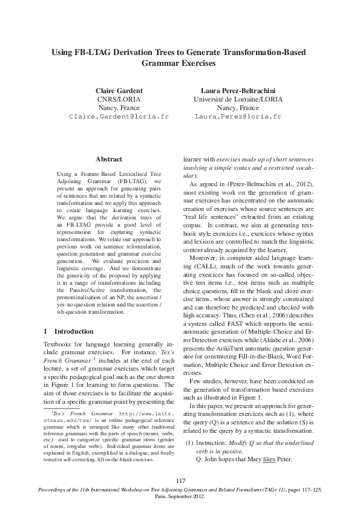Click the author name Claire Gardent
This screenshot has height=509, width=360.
(119, 89)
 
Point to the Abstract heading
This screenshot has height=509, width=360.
(109, 159)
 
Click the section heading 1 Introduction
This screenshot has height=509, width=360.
(69, 332)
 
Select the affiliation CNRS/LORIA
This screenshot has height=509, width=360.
(119, 99)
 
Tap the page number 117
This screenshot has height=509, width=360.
(180, 480)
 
